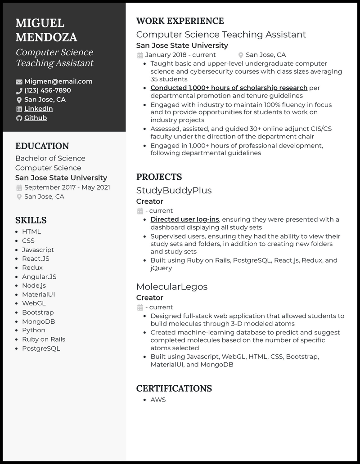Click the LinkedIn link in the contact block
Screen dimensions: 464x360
pyautogui.click(x=38, y=109)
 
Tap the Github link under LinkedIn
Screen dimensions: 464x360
pyautogui.click(x=36, y=118)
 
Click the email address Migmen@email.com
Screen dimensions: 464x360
pyautogui.click(x=58, y=81)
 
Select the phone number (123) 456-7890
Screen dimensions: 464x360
pyautogui.click(x=47, y=90)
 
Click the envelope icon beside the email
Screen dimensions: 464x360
pyautogui.click(x=19, y=82)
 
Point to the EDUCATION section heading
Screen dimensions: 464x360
pyautogui.click(x=42, y=146)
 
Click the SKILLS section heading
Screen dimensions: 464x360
pyautogui.click(x=31, y=220)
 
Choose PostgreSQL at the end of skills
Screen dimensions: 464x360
pyautogui.click(x=41, y=348)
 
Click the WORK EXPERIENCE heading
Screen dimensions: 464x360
pyautogui.click(x=180, y=21)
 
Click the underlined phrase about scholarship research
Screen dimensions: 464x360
pyautogui.click(x=229, y=88)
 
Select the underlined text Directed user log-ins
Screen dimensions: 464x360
pyautogui.click(x=184, y=219)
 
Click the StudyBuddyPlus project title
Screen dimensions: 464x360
pyautogui.click(x=174, y=190)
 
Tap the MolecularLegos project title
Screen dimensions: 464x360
pyautogui.click(x=172, y=286)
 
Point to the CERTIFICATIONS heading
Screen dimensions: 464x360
pyautogui.click(x=174, y=388)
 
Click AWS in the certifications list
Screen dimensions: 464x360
pyautogui.click(x=158, y=400)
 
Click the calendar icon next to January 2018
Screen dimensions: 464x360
pyautogui.click(x=140, y=55)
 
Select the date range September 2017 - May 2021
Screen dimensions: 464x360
pyautogui.click(x=67, y=187)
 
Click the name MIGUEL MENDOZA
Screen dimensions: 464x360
pyautogui.click(x=46, y=30)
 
